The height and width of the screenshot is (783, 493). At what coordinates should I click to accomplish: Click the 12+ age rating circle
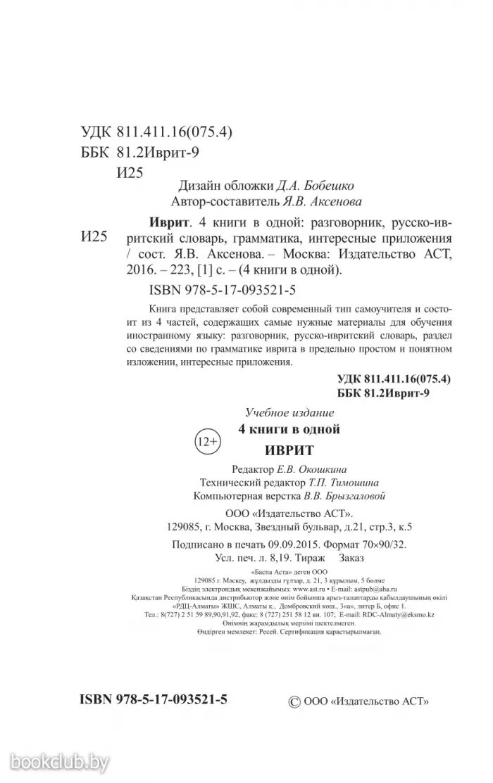[x=206, y=441]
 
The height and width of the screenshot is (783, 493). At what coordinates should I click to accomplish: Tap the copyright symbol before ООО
[x=296, y=701]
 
